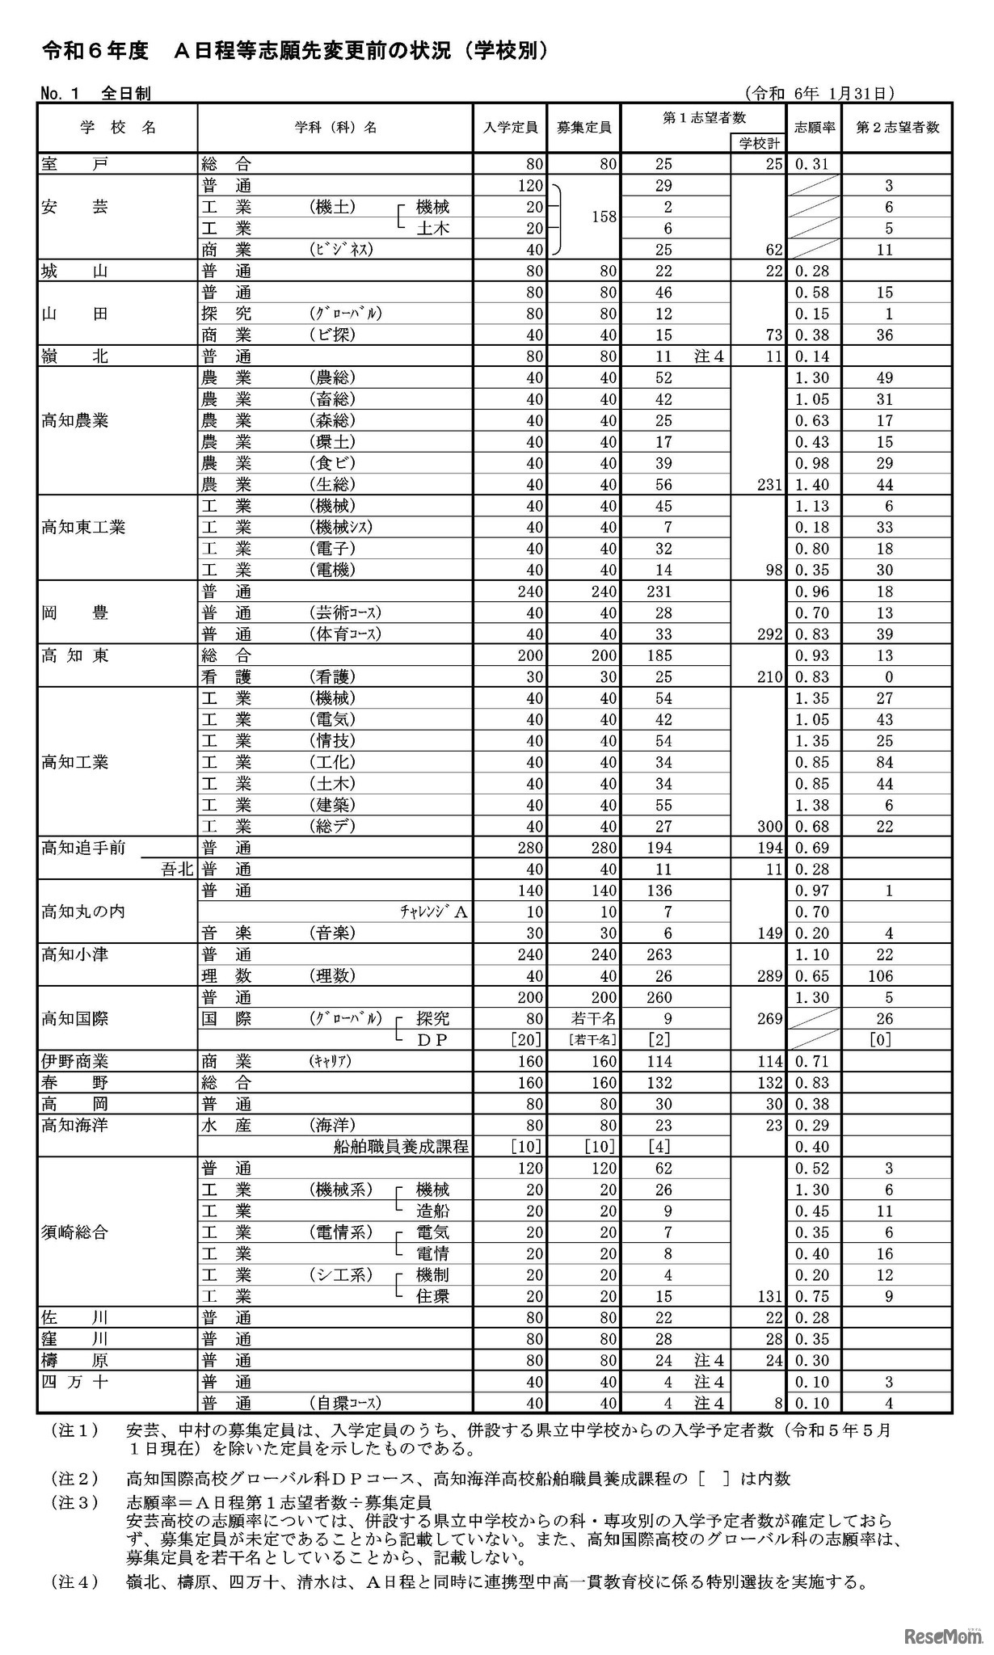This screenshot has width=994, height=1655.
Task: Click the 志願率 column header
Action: (x=815, y=127)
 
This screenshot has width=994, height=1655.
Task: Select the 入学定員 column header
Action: (x=510, y=127)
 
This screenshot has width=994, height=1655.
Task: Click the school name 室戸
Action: (x=74, y=164)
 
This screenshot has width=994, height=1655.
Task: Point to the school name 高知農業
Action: (x=75, y=420)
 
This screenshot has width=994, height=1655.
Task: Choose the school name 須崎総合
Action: (x=75, y=1232)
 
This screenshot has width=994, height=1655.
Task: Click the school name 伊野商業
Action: (x=75, y=1061)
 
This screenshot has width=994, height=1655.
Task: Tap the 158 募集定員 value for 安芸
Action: (x=604, y=217)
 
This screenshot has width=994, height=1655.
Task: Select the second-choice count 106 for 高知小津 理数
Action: (x=880, y=976)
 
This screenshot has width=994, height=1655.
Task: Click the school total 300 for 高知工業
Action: (x=769, y=827)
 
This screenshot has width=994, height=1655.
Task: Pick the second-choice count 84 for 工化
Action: (x=884, y=762)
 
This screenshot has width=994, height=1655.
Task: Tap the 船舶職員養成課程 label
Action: (x=401, y=1147)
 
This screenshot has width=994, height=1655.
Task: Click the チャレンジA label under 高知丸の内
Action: (x=433, y=912)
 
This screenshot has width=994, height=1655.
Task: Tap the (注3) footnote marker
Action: (x=76, y=1502)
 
